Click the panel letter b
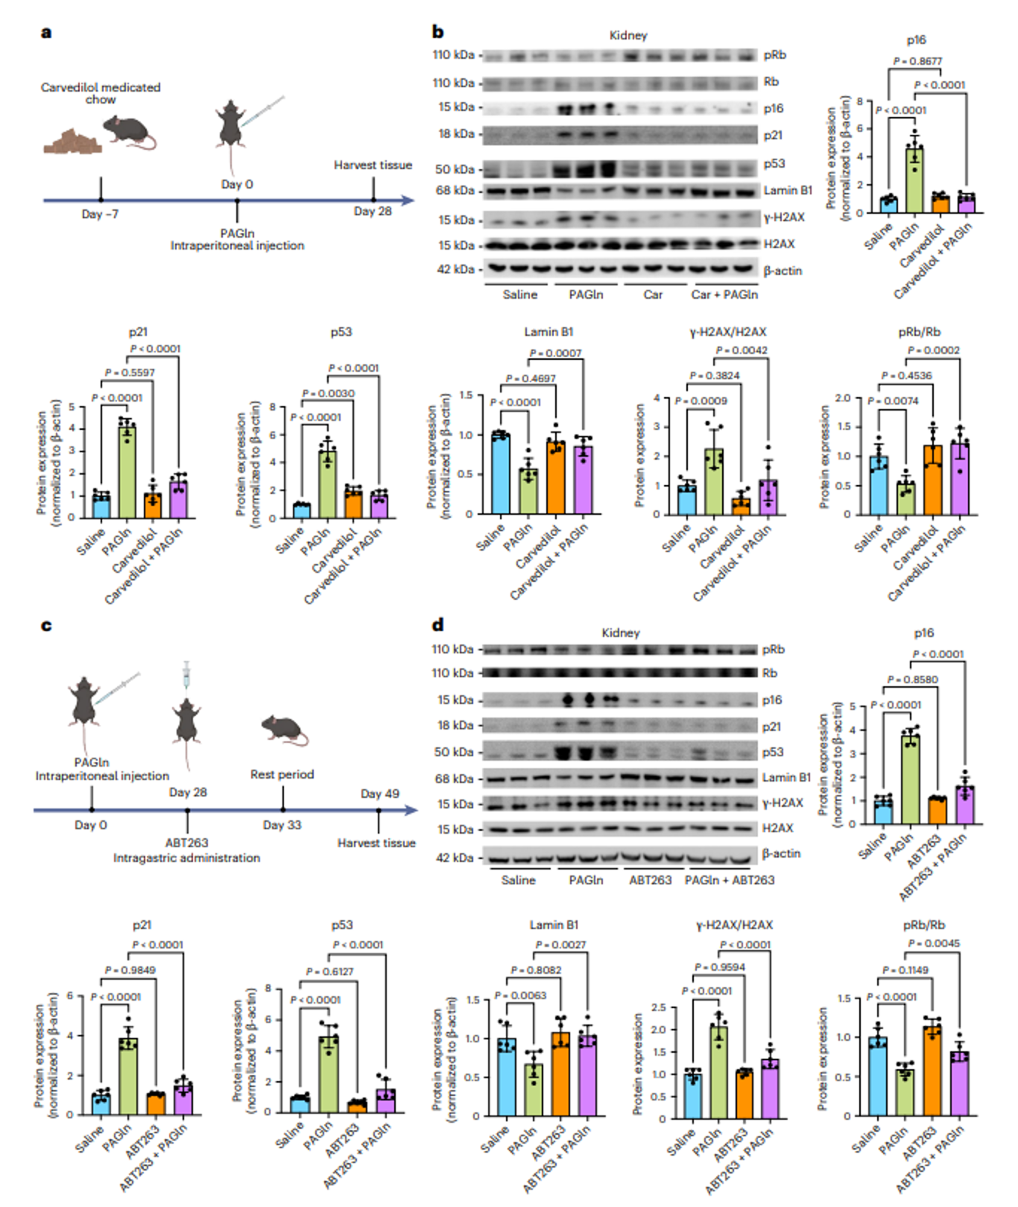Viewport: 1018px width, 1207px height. point(438,32)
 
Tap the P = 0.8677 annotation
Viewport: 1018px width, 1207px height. point(917,61)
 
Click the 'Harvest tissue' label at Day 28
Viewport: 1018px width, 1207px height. point(373,165)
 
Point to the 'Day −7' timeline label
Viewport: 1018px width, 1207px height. point(100,215)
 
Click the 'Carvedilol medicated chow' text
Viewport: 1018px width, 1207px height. point(101,93)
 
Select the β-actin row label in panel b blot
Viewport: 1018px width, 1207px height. point(783,270)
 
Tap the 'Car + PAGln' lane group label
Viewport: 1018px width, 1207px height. point(724,294)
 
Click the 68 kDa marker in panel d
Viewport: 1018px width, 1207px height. point(454,779)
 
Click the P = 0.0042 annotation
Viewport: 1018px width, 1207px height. point(742,350)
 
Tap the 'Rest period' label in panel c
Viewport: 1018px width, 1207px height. point(282,775)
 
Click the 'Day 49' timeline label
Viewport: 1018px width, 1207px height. point(380,793)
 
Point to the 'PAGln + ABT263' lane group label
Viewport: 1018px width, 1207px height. point(730,880)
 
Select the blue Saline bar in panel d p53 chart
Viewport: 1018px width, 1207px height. point(300,1104)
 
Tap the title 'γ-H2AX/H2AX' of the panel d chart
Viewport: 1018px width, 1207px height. point(734,925)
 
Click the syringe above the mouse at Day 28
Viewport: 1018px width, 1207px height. point(186,674)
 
